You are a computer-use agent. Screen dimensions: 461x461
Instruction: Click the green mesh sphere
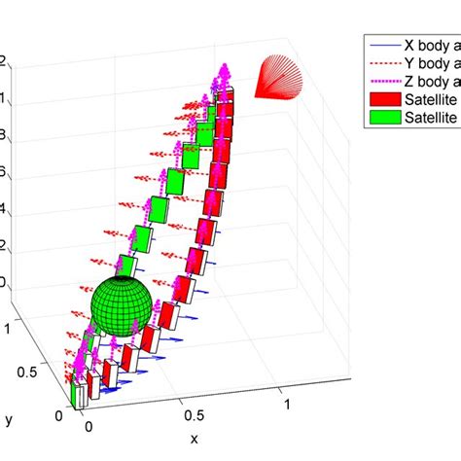[x=123, y=304]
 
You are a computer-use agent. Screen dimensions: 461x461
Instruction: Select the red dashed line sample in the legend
[x=381, y=63]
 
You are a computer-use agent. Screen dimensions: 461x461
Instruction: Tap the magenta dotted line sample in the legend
[x=381, y=82]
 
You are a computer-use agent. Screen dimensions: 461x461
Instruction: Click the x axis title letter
[x=194, y=439]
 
